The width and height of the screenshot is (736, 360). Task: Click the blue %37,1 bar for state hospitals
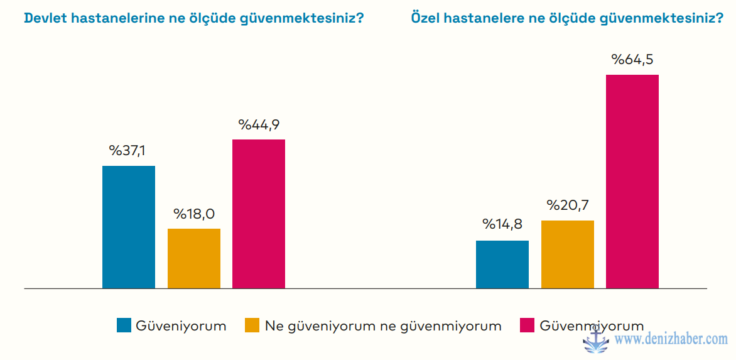(129, 227)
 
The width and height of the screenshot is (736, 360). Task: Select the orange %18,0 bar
(194, 258)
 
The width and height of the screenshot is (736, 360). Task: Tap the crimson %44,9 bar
(259, 214)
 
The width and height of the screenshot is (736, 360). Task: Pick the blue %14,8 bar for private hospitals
(502, 264)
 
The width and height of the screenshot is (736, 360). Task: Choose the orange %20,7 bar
(568, 254)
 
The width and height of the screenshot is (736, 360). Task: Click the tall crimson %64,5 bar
(632, 181)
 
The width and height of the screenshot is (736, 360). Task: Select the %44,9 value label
(259, 124)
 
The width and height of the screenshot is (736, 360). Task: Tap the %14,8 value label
(502, 225)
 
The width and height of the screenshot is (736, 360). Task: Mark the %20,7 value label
(568, 205)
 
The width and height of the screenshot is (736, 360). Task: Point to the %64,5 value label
(632, 60)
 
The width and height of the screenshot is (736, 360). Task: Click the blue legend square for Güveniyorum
(124, 325)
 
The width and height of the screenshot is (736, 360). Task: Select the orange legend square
(252, 325)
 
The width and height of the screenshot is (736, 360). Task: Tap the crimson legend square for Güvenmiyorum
(528, 325)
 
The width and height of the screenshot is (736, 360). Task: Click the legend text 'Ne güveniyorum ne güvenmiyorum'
(383, 326)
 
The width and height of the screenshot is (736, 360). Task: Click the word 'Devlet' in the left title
(45, 18)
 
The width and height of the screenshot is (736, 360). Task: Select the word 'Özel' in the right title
(424, 18)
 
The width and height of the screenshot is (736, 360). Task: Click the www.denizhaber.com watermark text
(671, 340)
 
